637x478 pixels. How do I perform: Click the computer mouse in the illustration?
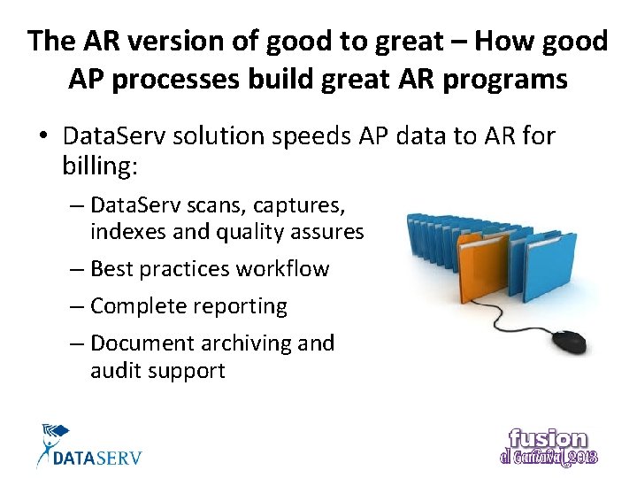click(x=568, y=341)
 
